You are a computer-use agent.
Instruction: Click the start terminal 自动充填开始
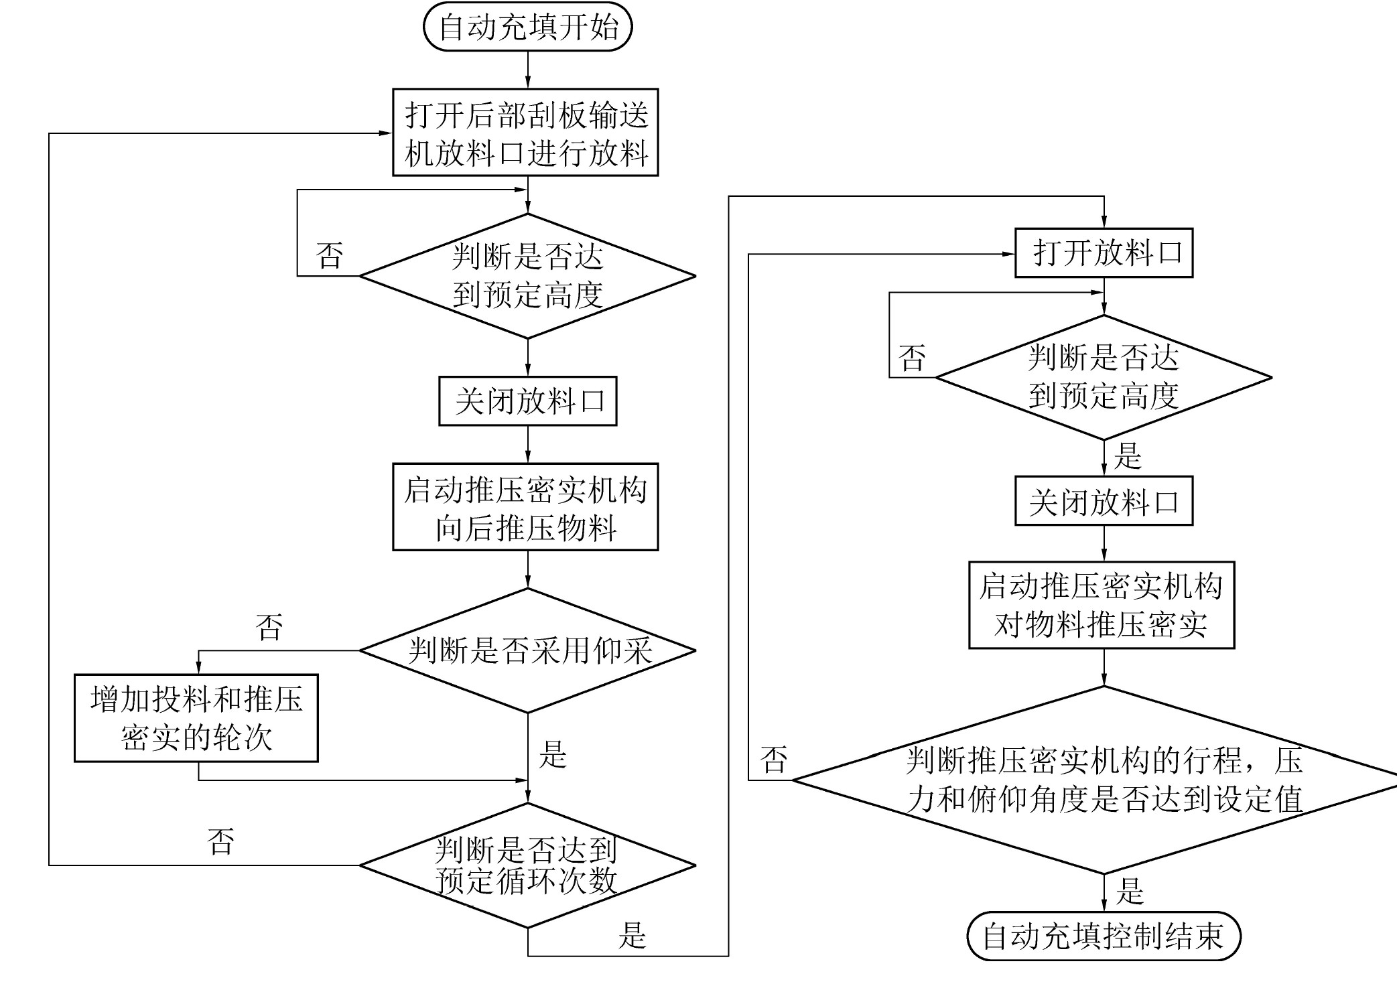(527, 27)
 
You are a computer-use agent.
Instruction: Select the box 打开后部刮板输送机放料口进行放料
(525, 133)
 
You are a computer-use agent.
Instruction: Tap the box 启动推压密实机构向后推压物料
(525, 507)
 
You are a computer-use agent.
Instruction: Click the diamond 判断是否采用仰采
(528, 650)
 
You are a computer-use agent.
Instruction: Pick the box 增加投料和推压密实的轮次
(196, 718)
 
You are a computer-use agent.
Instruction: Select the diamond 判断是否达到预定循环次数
(528, 865)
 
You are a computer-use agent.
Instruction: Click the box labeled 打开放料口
(1104, 253)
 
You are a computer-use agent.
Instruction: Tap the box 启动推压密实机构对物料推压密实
(1102, 606)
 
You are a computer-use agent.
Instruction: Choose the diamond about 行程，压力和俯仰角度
(1104, 780)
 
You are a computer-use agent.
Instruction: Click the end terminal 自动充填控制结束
(1104, 936)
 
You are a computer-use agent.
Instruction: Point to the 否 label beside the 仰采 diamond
(269, 628)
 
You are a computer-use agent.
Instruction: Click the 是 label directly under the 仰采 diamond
(553, 755)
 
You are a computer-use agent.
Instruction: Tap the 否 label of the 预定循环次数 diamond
(221, 842)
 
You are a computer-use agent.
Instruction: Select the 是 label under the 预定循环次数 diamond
(632, 936)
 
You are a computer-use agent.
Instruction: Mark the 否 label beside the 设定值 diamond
(774, 760)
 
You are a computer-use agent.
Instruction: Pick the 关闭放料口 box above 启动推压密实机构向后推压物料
(528, 401)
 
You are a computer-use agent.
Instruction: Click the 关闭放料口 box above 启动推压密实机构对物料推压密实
(1104, 501)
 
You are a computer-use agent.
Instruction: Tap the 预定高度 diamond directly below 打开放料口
(1104, 378)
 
